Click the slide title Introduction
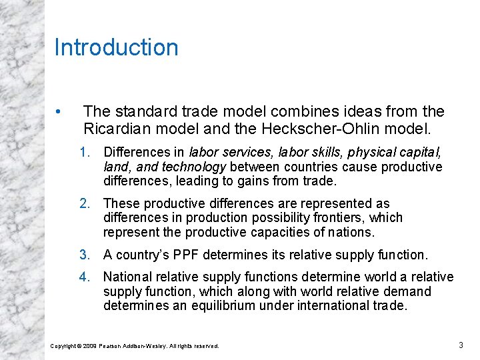[x=116, y=48]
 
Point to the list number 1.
[x=84, y=153]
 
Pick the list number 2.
[x=84, y=203]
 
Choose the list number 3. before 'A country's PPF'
[x=84, y=254]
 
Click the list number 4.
[x=84, y=277]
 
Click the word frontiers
[x=357, y=218]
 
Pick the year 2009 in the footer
[x=91, y=346]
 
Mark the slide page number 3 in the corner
[x=461, y=345]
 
